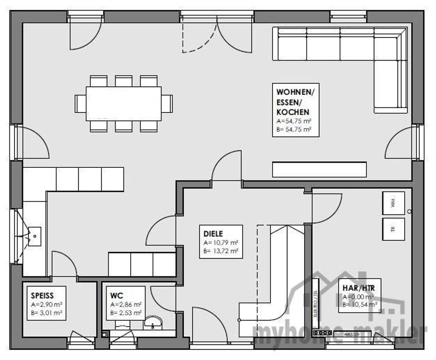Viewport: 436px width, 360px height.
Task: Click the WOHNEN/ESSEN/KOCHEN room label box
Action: point(296,109)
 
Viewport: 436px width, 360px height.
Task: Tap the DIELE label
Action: point(213,233)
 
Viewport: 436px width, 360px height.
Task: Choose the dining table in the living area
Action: point(123,103)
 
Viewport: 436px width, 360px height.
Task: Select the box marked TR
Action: point(393,228)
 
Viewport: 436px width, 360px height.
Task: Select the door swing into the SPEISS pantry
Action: point(64,263)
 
